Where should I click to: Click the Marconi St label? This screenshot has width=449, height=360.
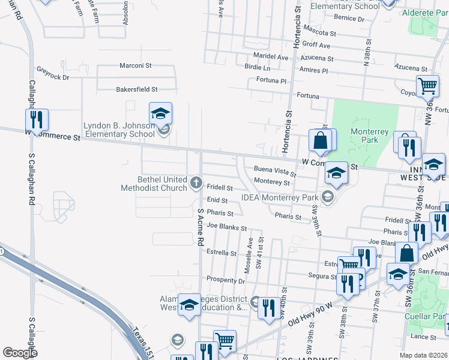click(136, 65)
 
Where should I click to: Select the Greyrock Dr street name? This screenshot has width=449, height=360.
click(53, 77)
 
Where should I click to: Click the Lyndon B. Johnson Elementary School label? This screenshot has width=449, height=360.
click(119, 130)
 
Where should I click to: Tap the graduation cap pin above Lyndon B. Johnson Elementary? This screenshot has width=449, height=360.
click(161, 113)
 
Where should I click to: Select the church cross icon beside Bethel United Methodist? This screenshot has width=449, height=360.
click(196, 182)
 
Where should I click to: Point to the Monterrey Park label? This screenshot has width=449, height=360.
click(371, 136)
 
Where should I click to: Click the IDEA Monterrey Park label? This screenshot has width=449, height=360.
click(280, 198)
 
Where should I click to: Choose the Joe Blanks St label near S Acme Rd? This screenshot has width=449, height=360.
click(226, 228)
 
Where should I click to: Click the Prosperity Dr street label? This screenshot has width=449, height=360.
click(226, 280)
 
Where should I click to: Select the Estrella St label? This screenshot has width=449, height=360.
click(222, 253)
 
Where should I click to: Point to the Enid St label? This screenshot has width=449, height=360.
click(217, 200)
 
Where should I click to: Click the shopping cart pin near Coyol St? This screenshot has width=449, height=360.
click(427, 86)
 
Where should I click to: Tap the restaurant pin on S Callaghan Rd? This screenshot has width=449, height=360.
click(37, 120)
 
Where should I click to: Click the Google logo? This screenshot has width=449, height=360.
click(20, 353)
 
